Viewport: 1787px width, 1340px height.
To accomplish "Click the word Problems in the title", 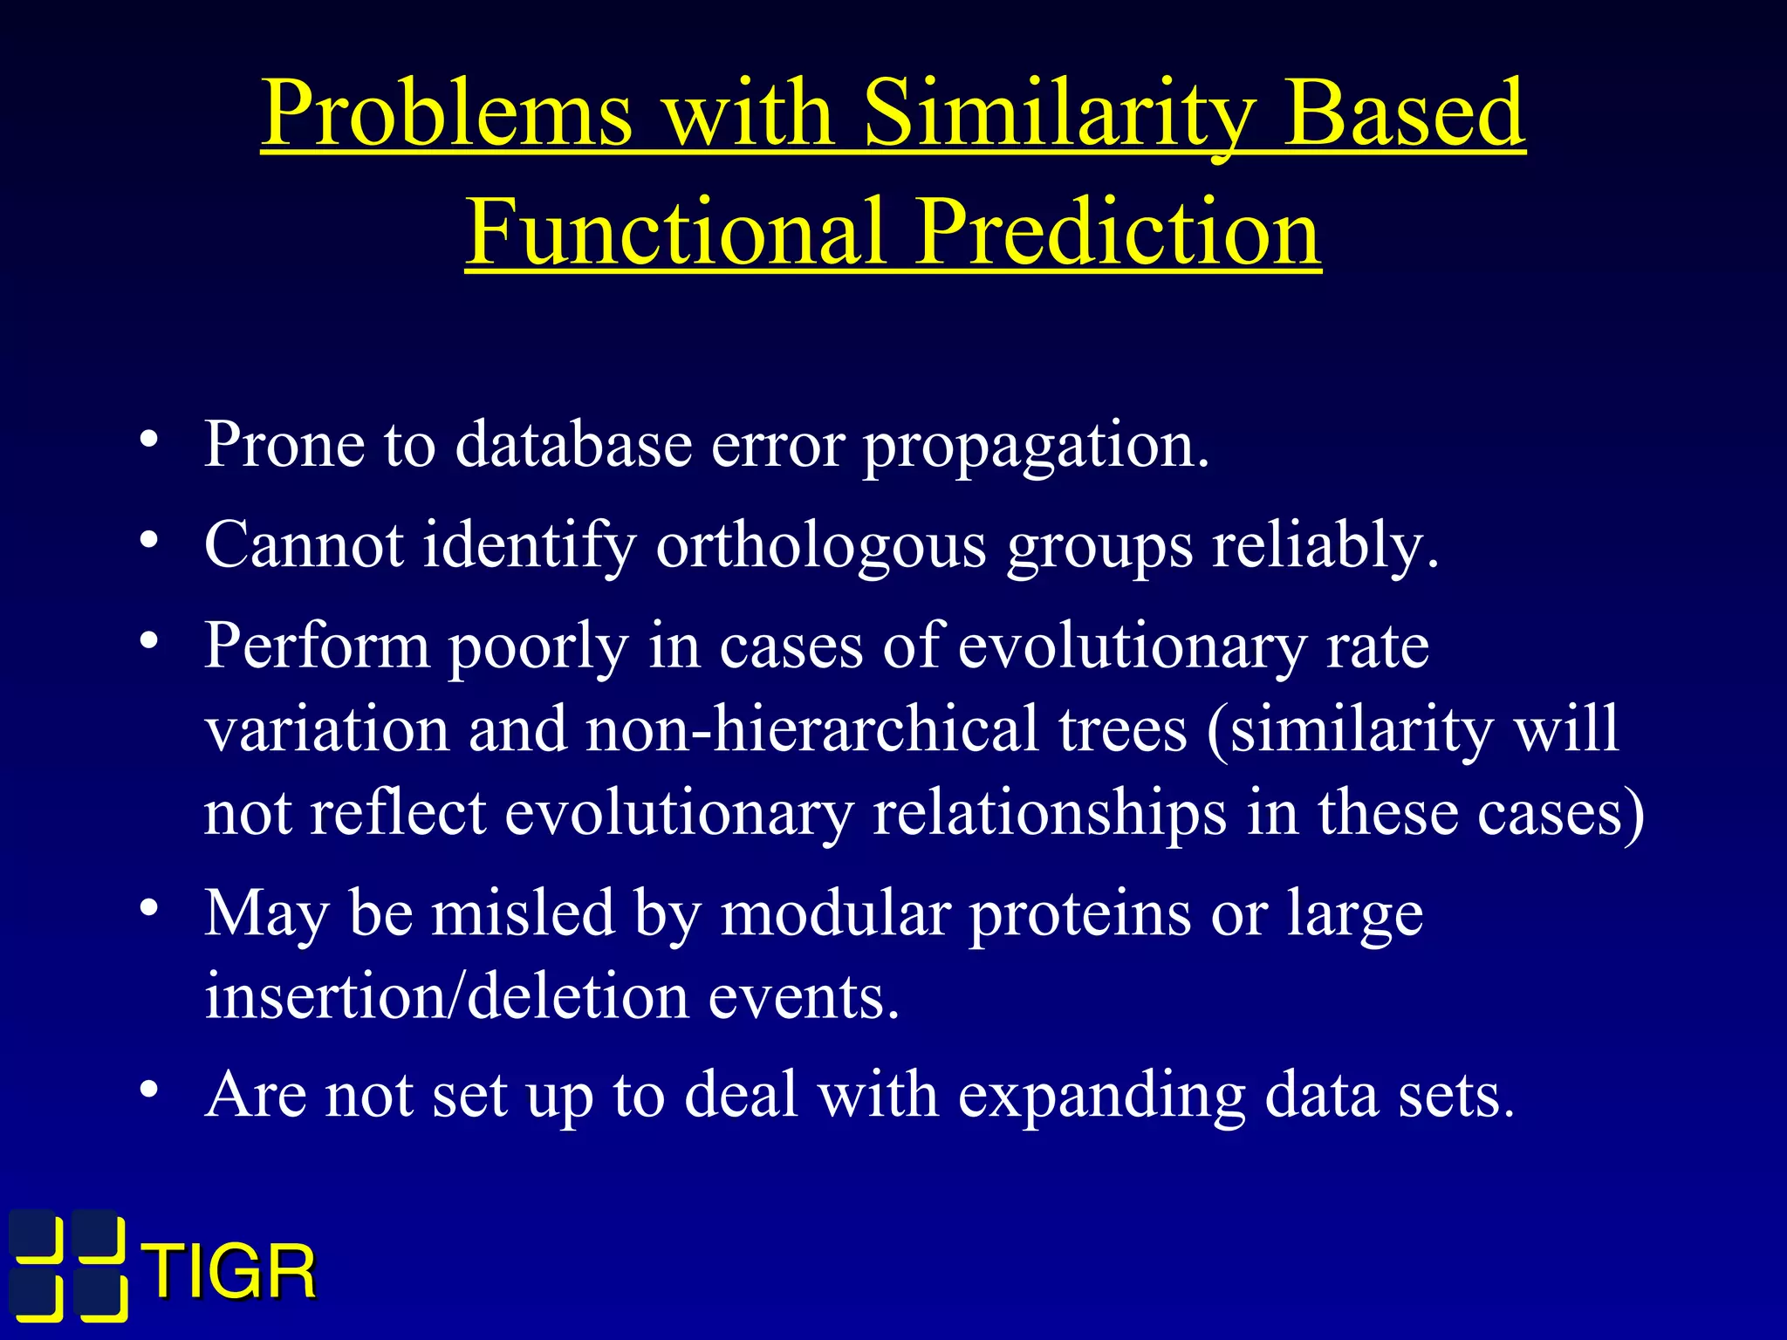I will coord(447,113).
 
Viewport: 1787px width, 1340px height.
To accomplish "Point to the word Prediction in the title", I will coord(1118,232).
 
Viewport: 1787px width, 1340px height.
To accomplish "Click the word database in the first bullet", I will coord(573,445).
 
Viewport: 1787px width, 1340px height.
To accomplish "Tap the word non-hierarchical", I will coord(811,729).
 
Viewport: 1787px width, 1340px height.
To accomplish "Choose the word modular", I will coord(836,914).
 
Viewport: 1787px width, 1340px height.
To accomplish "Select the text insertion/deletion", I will coord(446,996).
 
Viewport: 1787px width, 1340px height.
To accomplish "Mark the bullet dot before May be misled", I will coord(149,908).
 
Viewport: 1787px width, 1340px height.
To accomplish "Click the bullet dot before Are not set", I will coord(149,1090).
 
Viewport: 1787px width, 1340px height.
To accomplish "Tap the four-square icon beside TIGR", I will coord(68,1265).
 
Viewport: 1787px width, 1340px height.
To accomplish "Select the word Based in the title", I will coord(1403,113).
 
